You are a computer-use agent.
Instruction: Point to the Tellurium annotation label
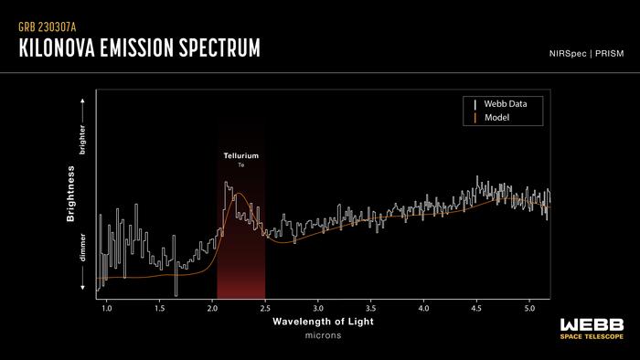241,156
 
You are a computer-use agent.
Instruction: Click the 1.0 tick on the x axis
107,309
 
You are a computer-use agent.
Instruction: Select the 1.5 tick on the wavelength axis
160,309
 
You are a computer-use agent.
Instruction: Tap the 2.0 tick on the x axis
213,309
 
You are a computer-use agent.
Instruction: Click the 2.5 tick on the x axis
265,309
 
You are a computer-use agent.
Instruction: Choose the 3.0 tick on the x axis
318,309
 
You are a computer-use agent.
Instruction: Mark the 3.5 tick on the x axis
370,309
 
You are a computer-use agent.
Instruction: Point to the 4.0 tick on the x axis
423,309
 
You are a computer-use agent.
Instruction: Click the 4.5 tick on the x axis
475,309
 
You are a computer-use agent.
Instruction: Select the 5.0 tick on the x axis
528,309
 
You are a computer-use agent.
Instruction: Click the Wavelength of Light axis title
323,323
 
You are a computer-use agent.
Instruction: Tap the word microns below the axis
323,336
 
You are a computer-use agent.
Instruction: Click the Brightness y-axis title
70,195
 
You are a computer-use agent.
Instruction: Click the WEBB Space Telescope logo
592,328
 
